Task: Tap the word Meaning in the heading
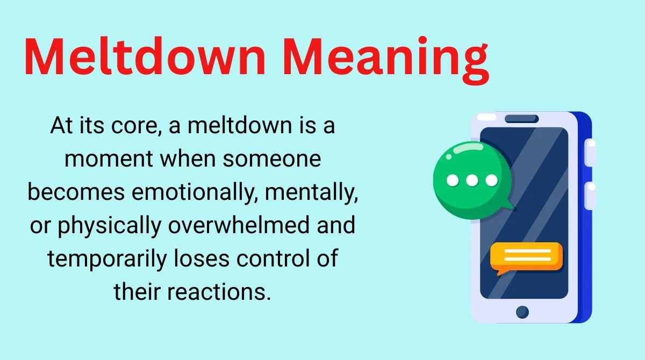coord(386,60)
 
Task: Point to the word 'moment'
coord(109,159)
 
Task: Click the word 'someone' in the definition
coord(272,159)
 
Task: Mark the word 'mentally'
coord(311,192)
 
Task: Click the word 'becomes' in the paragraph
coord(76,192)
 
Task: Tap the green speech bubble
coord(472,180)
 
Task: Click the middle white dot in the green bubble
coord(472,181)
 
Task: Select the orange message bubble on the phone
coord(526,257)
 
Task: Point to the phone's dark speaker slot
coord(521,119)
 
